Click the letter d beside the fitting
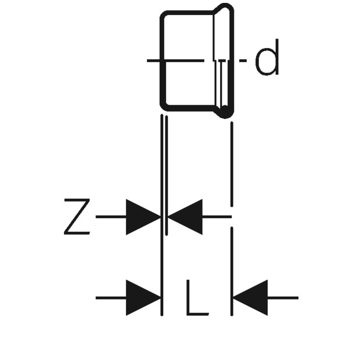267,57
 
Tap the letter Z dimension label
77,217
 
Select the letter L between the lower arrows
197,297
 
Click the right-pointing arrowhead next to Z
143,217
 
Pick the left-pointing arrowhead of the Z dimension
185,217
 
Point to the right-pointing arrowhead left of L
143,298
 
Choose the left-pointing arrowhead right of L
250,298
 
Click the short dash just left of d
243,60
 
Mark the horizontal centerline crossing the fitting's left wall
175,60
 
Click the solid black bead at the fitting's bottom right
225,113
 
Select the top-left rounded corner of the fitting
164,15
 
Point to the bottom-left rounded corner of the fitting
164,106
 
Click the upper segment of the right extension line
232,164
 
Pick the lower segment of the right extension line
232,271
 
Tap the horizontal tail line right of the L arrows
283,298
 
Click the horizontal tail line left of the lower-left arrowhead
111,298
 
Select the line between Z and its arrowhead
111,217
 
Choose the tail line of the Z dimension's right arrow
217,217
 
